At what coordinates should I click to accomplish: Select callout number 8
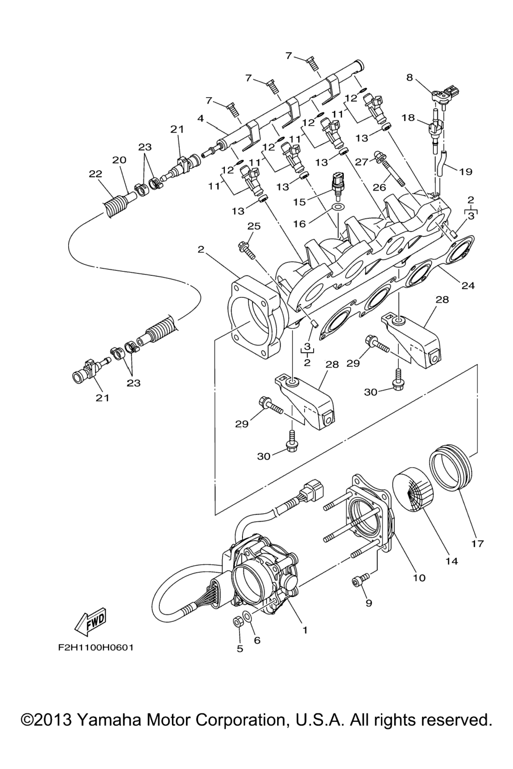(x=409, y=78)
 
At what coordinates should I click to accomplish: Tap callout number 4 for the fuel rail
(x=201, y=119)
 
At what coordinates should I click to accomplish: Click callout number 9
(x=369, y=603)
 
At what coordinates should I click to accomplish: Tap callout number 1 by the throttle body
(x=305, y=630)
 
